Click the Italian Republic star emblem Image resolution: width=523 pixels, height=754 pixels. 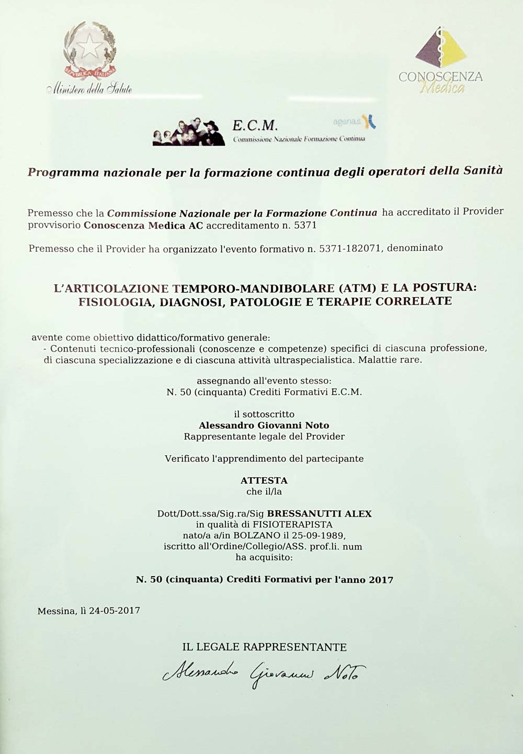(89, 48)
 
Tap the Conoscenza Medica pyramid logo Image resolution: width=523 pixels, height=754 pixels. (441, 47)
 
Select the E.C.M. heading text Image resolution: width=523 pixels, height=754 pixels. (255, 125)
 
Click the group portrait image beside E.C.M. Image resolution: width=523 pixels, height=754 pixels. (188, 131)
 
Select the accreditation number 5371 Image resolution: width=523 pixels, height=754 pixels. (305, 226)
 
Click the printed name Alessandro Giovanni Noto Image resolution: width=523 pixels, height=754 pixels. (264, 425)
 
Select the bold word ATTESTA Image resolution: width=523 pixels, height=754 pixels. (264, 480)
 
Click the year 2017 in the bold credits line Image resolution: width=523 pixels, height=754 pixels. (381, 579)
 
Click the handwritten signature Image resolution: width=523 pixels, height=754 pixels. (264, 671)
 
